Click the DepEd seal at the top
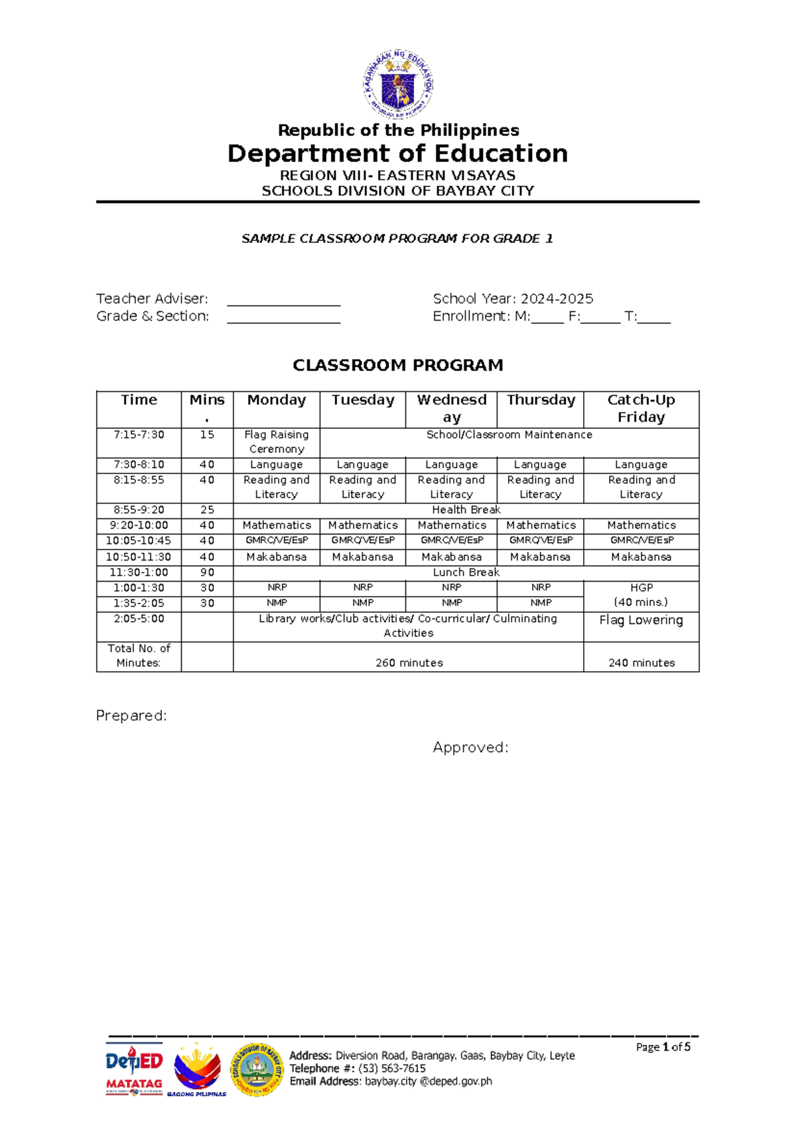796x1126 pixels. [x=398, y=84]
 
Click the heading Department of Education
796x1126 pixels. [x=397, y=154]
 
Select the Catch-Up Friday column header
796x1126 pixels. [x=641, y=408]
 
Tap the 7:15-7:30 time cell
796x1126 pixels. [x=139, y=435]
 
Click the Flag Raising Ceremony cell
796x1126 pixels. [x=276, y=442]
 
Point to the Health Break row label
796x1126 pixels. [x=466, y=510]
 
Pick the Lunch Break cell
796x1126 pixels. [x=466, y=572]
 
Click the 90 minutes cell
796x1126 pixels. [x=207, y=572]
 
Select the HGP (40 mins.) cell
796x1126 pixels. [x=641, y=596]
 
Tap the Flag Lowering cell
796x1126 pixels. [x=641, y=620]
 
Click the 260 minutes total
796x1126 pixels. [x=409, y=663]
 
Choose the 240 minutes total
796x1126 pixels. [x=641, y=663]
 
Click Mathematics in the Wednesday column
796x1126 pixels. [x=451, y=525]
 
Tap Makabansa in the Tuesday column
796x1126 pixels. [x=362, y=557]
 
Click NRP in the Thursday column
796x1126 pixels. [x=541, y=588]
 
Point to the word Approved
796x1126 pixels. [x=470, y=748]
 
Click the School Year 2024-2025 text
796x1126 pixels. [x=513, y=299]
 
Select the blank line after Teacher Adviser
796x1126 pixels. [x=284, y=301]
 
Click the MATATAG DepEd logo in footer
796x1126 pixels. [x=134, y=1070]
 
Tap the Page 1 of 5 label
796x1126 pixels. [x=663, y=1047]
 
